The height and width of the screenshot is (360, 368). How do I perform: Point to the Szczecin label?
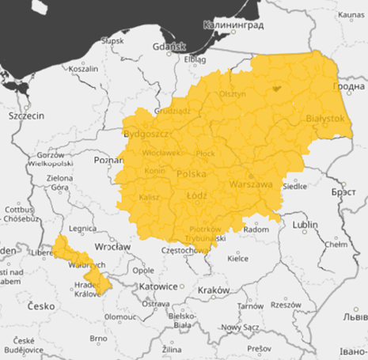coord(26,116)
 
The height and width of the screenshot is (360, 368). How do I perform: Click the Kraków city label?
coord(214,290)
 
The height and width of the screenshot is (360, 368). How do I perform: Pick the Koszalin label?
coord(83,69)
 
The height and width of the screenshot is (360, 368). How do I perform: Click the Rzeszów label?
coord(286,305)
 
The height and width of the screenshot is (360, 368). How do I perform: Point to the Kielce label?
coord(237,258)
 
